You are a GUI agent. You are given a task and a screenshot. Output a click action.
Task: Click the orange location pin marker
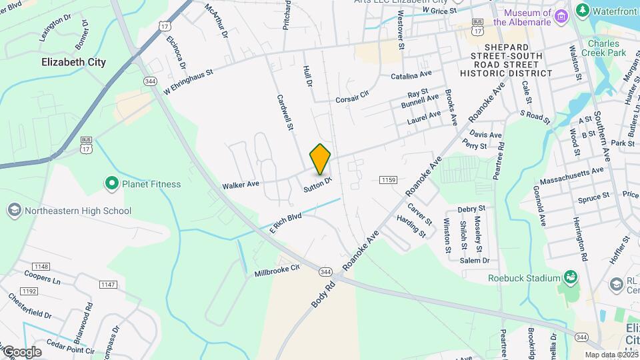point(320,159)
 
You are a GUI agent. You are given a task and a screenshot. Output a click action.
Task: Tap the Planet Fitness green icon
point(111,183)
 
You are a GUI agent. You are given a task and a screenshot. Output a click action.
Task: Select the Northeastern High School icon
point(13,211)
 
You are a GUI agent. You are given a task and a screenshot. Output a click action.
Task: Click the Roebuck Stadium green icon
point(570,277)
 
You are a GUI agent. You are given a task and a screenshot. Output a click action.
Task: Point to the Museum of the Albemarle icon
point(561,15)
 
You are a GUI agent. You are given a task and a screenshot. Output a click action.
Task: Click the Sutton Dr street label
point(317,183)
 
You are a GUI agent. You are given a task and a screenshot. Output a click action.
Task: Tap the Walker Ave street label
point(240,185)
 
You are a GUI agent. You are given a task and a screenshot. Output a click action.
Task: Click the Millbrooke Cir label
point(277,271)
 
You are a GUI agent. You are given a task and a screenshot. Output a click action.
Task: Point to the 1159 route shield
point(389,180)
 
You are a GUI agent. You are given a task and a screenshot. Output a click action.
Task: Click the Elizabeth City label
point(73,62)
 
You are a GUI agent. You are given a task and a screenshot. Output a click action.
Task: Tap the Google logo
point(21,351)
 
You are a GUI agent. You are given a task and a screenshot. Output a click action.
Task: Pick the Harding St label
point(411,225)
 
